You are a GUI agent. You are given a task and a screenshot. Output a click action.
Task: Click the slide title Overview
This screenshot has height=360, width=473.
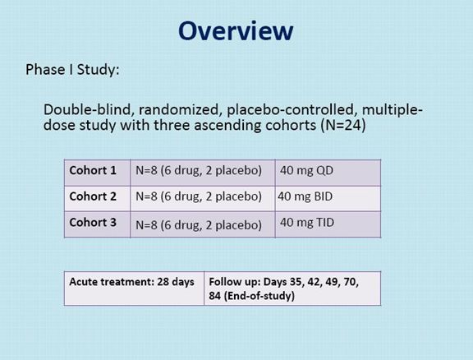click(x=236, y=30)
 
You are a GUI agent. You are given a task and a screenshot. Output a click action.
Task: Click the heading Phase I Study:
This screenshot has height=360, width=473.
click(x=72, y=70)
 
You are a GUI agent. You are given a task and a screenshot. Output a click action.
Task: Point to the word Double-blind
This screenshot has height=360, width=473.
click(x=89, y=109)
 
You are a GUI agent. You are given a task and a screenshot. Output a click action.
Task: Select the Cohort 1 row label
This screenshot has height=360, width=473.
click(x=93, y=170)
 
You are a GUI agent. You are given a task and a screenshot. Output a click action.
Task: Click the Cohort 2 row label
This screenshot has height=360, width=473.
click(x=93, y=196)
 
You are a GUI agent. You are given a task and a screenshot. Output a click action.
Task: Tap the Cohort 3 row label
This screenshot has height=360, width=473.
click(x=93, y=222)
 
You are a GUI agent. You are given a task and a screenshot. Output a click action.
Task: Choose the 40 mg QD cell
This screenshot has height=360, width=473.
click(x=306, y=170)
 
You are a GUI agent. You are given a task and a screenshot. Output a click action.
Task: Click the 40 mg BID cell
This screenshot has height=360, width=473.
click(x=305, y=196)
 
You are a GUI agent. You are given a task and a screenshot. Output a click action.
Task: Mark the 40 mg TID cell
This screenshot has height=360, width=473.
click(x=307, y=222)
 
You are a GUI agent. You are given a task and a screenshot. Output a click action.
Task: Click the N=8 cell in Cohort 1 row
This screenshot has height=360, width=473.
click(x=199, y=171)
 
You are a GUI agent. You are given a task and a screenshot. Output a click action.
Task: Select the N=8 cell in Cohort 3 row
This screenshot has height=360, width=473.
click(x=199, y=225)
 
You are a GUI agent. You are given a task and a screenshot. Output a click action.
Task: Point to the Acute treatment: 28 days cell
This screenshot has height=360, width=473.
click(x=131, y=282)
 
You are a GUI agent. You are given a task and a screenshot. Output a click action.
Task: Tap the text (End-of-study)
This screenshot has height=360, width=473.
click(x=259, y=295)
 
